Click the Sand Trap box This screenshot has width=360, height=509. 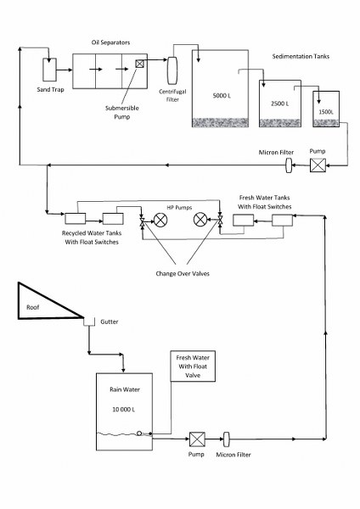49,70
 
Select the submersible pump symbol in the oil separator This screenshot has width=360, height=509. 139,64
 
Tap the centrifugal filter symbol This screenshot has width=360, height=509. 172,70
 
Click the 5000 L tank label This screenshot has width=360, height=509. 222,96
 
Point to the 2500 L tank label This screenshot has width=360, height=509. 279,103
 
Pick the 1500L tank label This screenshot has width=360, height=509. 326,112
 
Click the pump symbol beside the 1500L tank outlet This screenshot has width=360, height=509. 318,165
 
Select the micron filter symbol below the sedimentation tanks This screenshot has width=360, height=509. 289,165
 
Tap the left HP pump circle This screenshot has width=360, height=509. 160,220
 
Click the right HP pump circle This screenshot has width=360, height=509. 200,220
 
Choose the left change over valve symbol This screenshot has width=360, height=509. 142,222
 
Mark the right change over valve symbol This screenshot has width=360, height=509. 220,221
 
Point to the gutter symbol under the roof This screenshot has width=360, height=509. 89,322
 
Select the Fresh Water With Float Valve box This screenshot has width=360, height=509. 193,366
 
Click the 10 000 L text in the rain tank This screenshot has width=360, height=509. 123,410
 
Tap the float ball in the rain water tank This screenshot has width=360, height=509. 139,433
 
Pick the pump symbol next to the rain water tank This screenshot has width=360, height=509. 197,439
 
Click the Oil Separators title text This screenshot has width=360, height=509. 110,42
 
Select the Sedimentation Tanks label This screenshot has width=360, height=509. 301,57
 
